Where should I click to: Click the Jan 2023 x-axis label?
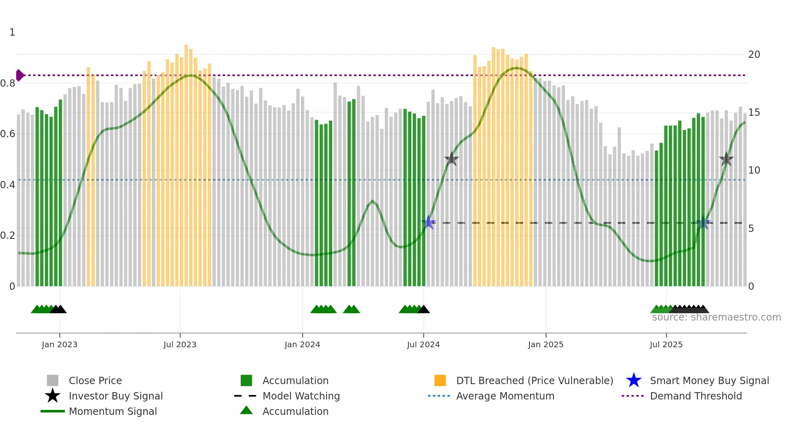[59, 344]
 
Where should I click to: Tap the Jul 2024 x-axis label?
[423, 344]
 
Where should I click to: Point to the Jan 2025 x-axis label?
[546, 344]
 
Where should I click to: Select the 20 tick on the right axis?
[754, 55]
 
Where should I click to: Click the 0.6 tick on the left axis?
[7, 134]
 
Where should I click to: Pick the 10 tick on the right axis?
[754, 170]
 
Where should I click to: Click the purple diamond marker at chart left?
[19, 75]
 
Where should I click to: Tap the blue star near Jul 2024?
[428, 223]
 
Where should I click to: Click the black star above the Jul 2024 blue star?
[451, 159]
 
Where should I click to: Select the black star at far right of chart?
[726, 159]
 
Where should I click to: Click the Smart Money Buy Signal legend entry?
[709, 380]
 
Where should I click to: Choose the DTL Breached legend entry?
[534, 380]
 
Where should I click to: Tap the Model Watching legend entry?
[301, 396]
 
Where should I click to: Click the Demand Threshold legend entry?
[696, 396]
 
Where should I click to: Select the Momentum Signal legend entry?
[113, 411]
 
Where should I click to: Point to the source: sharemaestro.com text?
[716, 317]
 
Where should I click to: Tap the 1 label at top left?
[12, 32]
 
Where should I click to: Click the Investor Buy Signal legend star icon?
[53, 396]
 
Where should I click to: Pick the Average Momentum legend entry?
[505, 396]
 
